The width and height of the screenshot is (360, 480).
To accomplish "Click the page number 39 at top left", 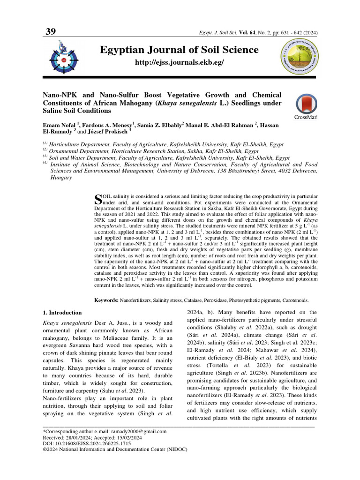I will tap(50, 32).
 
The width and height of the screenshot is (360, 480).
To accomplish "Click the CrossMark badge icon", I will tap(306, 105).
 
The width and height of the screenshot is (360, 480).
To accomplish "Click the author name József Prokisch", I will tap(108, 132).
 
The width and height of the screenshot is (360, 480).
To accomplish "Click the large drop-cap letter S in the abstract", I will tap(98, 199).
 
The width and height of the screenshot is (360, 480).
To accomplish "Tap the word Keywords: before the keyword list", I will tap(106, 300).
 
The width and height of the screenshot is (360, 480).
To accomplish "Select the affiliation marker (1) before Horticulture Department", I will tap(45, 144).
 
